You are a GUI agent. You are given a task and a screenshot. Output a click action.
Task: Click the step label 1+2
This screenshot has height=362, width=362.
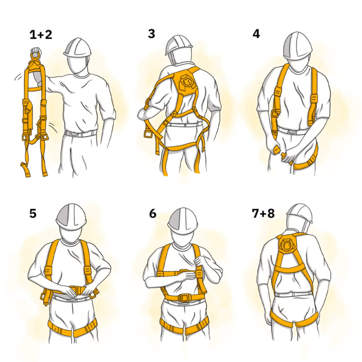[x=41, y=35]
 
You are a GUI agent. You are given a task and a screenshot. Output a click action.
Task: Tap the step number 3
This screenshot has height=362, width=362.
[x=152, y=34]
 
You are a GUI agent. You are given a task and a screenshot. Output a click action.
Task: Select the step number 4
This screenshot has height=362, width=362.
[x=256, y=34]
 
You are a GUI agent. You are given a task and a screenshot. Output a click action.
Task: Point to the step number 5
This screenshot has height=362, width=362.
[x=33, y=214]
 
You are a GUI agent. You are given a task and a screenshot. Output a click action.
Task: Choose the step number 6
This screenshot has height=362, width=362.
[x=153, y=214]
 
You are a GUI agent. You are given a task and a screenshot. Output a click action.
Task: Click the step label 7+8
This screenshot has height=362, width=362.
[x=263, y=214]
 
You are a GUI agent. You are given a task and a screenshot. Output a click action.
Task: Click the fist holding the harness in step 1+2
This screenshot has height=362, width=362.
[x=35, y=53]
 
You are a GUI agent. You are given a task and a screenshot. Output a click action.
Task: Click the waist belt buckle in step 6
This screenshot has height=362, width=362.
[x=184, y=298]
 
